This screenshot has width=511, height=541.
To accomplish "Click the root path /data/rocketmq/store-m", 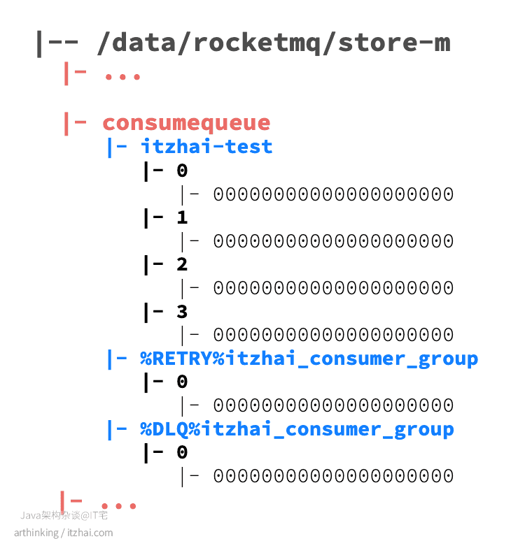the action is pyautogui.click(x=274, y=43).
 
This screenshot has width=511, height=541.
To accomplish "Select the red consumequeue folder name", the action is pyautogui.click(x=186, y=123).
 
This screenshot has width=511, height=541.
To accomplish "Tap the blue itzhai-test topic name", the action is pyautogui.click(x=206, y=147).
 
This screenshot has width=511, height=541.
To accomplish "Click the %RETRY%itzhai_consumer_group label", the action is pyautogui.click(x=309, y=359).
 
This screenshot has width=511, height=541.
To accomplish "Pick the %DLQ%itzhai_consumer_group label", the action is pyautogui.click(x=297, y=429).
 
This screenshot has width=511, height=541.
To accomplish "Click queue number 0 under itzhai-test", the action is pyautogui.click(x=182, y=171).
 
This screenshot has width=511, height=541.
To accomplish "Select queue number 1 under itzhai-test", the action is pyautogui.click(x=182, y=217).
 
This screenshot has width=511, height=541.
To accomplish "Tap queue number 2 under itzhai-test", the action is pyautogui.click(x=182, y=264).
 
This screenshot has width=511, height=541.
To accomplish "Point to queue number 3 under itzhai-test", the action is pyautogui.click(x=182, y=311).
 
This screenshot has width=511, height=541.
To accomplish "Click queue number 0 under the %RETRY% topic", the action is pyautogui.click(x=182, y=382).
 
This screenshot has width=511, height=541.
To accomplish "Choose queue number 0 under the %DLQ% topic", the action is pyautogui.click(x=182, y=453).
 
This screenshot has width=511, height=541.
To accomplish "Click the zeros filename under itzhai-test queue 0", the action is pyautogui.click(x=333, y=194).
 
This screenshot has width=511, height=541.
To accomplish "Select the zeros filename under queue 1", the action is pyautogui.click(x=333, y=241).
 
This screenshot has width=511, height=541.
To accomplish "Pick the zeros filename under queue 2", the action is pyautogui.click(x=333, y=288).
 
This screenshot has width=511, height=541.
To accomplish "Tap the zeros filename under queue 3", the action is pyautogui.click(x=333, y=335).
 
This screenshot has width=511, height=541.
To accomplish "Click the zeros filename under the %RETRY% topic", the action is pyautogui.click(x=333, y=405).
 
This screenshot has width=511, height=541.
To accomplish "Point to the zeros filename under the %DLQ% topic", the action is pyautogui.click(x=333, y=477).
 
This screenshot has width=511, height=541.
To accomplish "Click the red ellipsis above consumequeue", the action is pyautogui.click(x=122, y=75).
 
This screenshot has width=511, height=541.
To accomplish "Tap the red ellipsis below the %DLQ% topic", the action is pyautogui.click(x=118, y=505).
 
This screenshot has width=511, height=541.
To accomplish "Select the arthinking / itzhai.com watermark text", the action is pyautogui.click(x=63, y=533).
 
